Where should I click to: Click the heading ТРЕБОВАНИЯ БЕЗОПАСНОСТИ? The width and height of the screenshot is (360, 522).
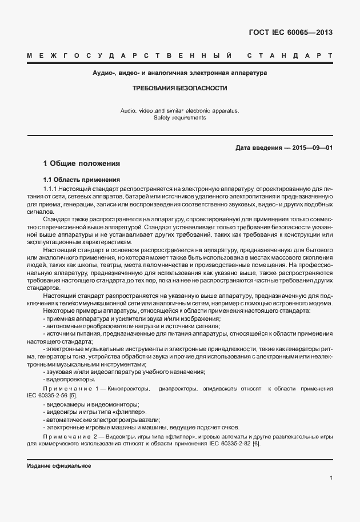point(180,89)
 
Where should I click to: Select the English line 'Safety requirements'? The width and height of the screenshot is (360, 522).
point(180,118)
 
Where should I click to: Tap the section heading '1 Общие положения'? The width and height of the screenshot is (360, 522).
point(82,163)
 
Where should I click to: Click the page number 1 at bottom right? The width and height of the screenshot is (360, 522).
point(331,478)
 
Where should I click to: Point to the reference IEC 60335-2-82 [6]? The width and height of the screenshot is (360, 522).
point(234,444)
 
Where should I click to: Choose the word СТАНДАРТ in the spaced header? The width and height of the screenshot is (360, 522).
point(290,55)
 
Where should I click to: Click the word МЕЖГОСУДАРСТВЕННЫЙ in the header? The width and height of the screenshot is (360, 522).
point(129,55)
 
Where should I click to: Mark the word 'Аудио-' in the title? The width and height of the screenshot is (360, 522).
point(104,73)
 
